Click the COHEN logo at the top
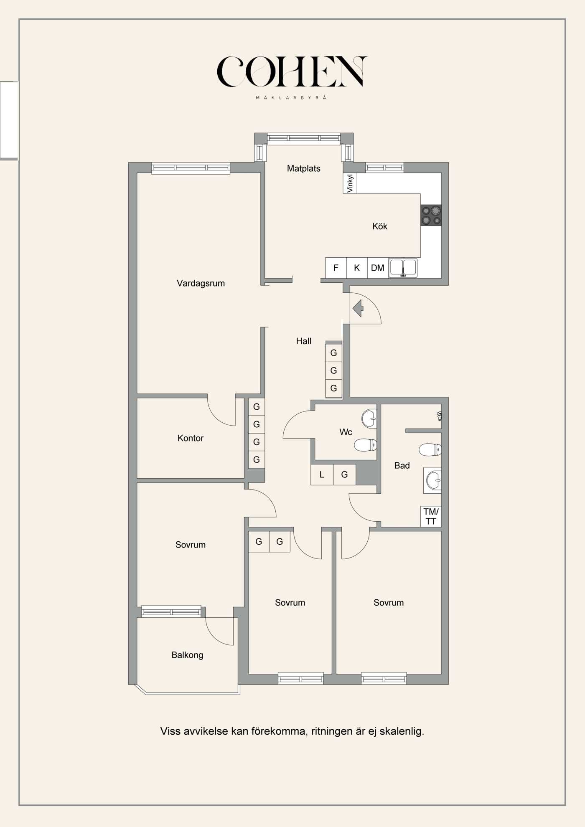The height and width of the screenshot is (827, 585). coord(292,71)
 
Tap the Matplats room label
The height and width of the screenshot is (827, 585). coord(304,168)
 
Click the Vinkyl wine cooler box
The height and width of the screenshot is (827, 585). coord(350,183)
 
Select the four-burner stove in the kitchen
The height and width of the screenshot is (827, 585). coord(431,216)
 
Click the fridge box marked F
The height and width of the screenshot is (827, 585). coord(336,268)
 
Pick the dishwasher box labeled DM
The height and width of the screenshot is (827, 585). coord(378,268)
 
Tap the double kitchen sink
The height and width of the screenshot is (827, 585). coord(403,268)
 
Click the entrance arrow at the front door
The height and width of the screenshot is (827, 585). coord(358,309)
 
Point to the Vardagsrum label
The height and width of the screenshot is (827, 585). coord(201,283)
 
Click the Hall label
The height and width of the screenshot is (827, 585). coord(304,341)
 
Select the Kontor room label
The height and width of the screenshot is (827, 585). coord(191,438)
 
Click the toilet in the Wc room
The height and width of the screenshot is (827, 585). coord(365,445)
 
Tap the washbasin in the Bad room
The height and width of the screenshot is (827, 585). coord(434,480)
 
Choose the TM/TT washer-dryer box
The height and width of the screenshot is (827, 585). coord(431,517)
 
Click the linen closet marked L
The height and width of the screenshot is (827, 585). coord(322,474)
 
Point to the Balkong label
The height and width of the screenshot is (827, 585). coord(187,655)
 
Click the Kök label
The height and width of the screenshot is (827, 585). coord(380,226)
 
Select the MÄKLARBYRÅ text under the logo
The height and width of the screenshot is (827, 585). coord(291,98)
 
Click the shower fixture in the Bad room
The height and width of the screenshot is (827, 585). coord(439,416)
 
